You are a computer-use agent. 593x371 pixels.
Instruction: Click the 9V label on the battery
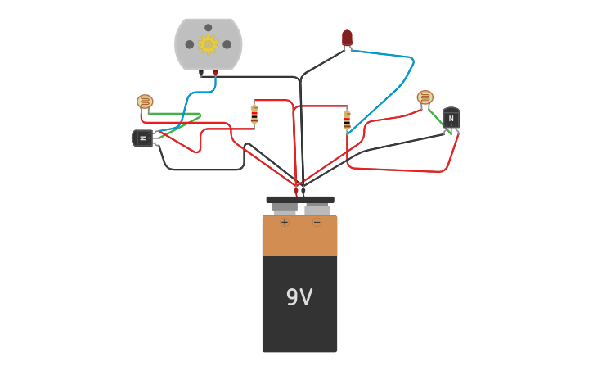click(299, 297)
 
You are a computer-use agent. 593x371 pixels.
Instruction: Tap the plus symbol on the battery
click(285, 222)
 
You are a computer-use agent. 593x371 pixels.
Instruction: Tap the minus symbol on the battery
click(317, 222)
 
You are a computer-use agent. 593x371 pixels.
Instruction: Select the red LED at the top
click(347, 38)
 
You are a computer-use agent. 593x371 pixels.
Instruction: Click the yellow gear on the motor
click(208, 43)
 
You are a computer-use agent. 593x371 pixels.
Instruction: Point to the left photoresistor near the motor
click(145, 102)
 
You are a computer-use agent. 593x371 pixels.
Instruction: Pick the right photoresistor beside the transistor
click(425, 97)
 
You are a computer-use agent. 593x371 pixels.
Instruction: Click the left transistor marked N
click(142, 138)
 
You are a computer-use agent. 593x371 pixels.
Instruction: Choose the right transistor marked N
click(451, 118)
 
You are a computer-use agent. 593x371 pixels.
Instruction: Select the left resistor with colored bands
click(254, 114)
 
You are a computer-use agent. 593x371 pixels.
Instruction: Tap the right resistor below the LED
click(347, 120)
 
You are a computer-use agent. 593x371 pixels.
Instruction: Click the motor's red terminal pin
click(215, 73)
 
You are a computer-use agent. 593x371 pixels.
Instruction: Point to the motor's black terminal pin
click(200, 73)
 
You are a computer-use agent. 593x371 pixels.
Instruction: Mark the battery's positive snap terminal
click(285, 208)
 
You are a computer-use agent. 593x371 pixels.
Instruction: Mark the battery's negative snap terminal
click(317, 208)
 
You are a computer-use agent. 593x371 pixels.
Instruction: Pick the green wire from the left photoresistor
click(176, 114)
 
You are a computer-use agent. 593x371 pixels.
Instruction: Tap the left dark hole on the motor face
click(190, 44)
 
